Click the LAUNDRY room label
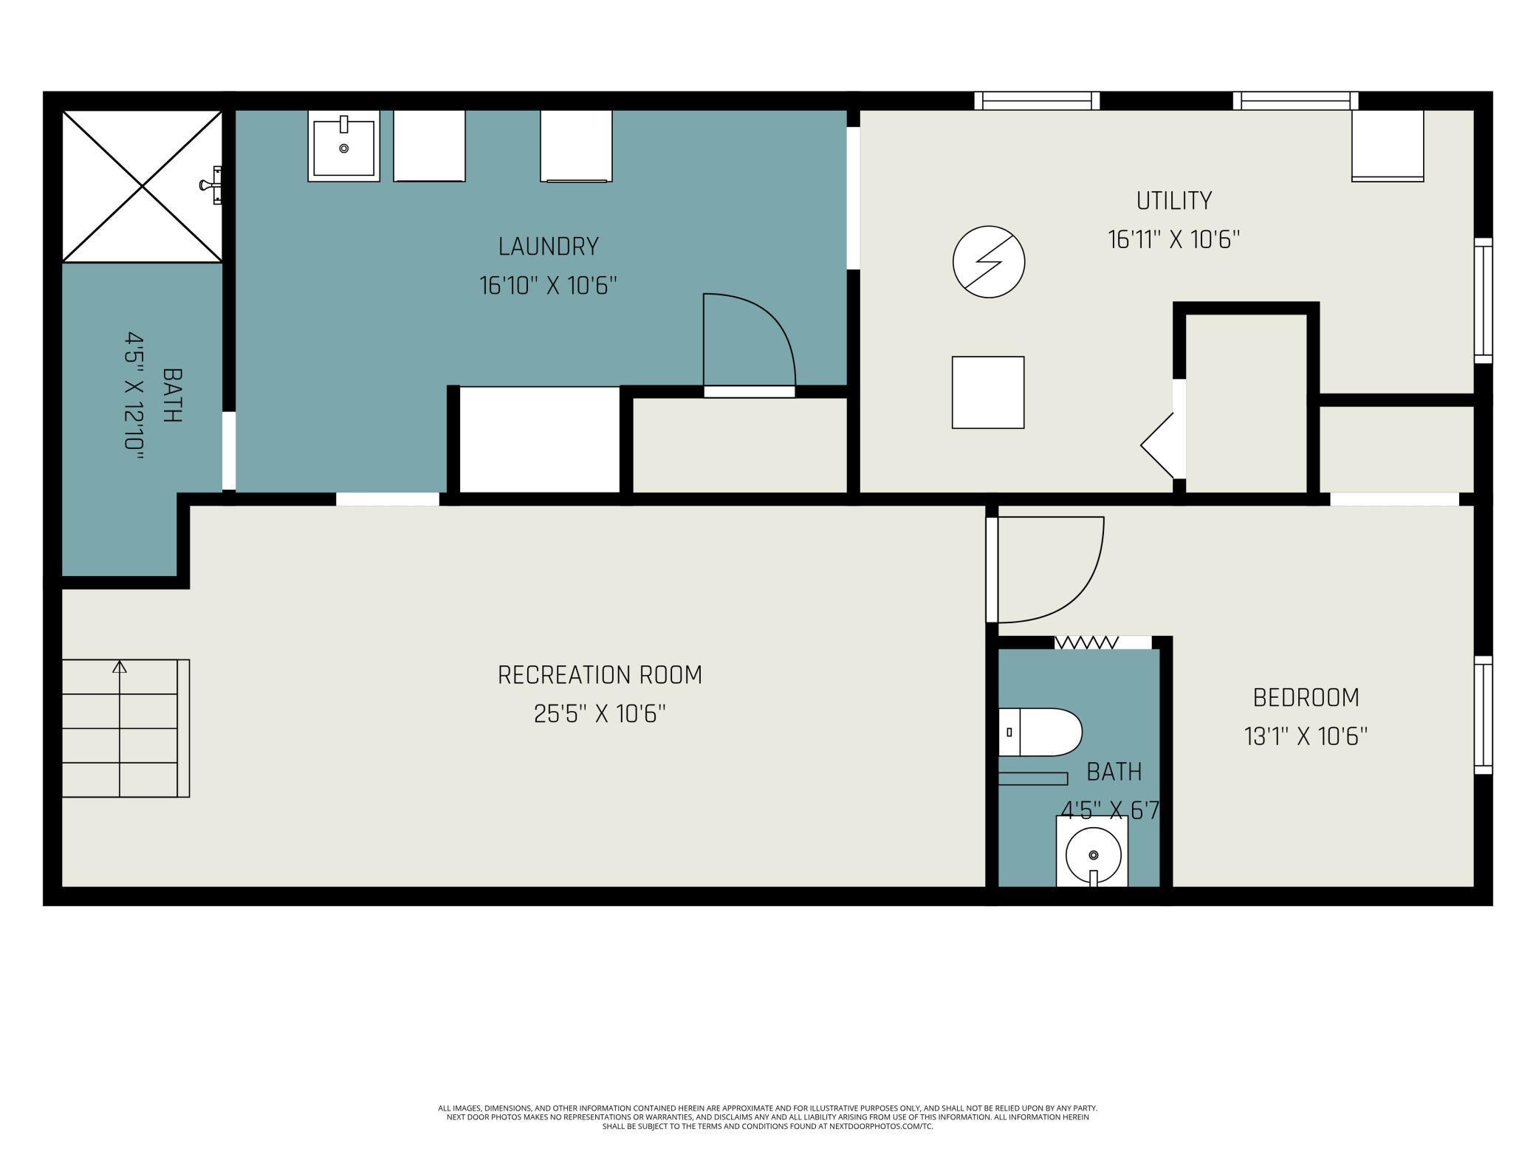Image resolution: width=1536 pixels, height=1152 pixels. tap(548, 247)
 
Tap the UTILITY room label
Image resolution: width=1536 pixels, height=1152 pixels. tap(1174, 201)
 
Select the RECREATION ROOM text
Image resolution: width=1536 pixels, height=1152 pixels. tap(600, 675)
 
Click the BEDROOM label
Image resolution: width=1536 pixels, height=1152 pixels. tap(1306, 698)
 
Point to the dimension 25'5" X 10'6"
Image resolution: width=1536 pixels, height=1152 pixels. tap(600, 714)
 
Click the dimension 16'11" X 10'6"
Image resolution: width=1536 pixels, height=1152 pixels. tap(1173, 240)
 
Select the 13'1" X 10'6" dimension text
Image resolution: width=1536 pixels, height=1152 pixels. tap(1306, 737)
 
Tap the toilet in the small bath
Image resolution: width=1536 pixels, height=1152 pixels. tap(1040, 733)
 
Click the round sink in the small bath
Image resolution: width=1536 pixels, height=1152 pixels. tap(1093, 854)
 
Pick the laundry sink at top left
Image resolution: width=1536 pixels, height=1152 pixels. tap(343, 146)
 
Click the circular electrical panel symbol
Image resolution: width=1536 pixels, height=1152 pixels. tap(989, 262)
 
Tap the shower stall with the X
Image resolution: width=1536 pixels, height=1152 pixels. tap(142, 186)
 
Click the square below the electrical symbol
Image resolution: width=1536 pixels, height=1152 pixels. tap(988, 392)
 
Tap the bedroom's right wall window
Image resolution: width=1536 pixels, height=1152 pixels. tap(1483, 715)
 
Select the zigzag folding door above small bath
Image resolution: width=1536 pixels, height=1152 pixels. tap(1086, 642)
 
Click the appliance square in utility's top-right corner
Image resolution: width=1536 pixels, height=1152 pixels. tap(1388, 146)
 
